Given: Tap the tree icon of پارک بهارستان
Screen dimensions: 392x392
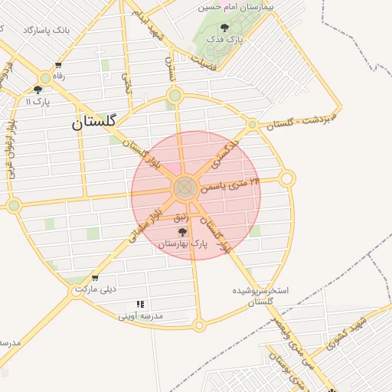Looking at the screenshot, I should (183, 233).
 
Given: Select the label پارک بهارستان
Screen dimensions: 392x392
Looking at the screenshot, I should (183, 245).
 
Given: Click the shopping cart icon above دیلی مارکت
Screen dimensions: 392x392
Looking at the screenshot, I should (95, 279).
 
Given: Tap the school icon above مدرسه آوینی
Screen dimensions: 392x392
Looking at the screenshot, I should (139, 304).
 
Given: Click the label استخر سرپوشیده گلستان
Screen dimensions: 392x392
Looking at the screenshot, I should (260, 297).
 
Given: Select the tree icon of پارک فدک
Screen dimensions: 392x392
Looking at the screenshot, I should (224, 28).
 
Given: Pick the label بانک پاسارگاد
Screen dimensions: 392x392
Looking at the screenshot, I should (46, 30).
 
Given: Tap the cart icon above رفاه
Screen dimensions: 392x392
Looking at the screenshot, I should (58, 66).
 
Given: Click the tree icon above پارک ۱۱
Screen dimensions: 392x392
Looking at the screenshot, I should (38, 90).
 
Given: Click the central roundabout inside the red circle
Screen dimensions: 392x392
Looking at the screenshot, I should (185, 188).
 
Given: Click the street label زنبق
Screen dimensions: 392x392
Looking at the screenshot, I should (181, 218).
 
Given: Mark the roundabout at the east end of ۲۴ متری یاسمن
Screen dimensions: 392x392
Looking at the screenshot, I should (287, 178).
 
